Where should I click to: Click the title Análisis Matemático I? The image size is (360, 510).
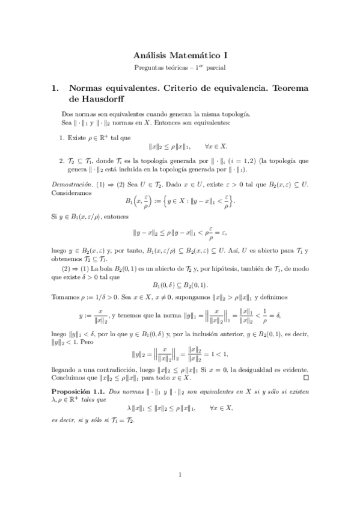(180, 54)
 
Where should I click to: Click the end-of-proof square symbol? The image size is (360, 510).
(305, 378)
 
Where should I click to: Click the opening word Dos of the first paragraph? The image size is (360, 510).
(67, 114)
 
